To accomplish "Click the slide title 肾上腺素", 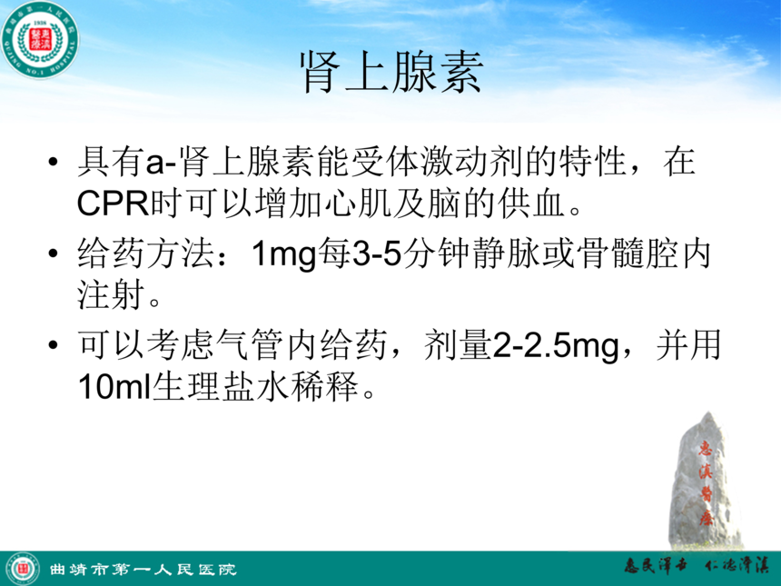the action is [391, 73].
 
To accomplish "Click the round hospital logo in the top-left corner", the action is [40, 40].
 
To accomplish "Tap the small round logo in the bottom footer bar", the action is [23, 569].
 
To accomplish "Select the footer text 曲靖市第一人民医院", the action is [143, 569].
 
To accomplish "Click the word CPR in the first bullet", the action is [114, 204].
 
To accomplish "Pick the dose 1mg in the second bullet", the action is [284, 254].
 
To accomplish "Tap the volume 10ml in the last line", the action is [114, 387].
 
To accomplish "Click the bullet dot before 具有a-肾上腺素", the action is [54, 162].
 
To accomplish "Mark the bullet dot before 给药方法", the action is [54, 253].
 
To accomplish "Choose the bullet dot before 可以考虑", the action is [54, 345].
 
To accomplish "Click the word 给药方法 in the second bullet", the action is [147, 253].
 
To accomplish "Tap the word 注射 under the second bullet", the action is [112, 295].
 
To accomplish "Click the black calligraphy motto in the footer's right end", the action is [697, 566].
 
